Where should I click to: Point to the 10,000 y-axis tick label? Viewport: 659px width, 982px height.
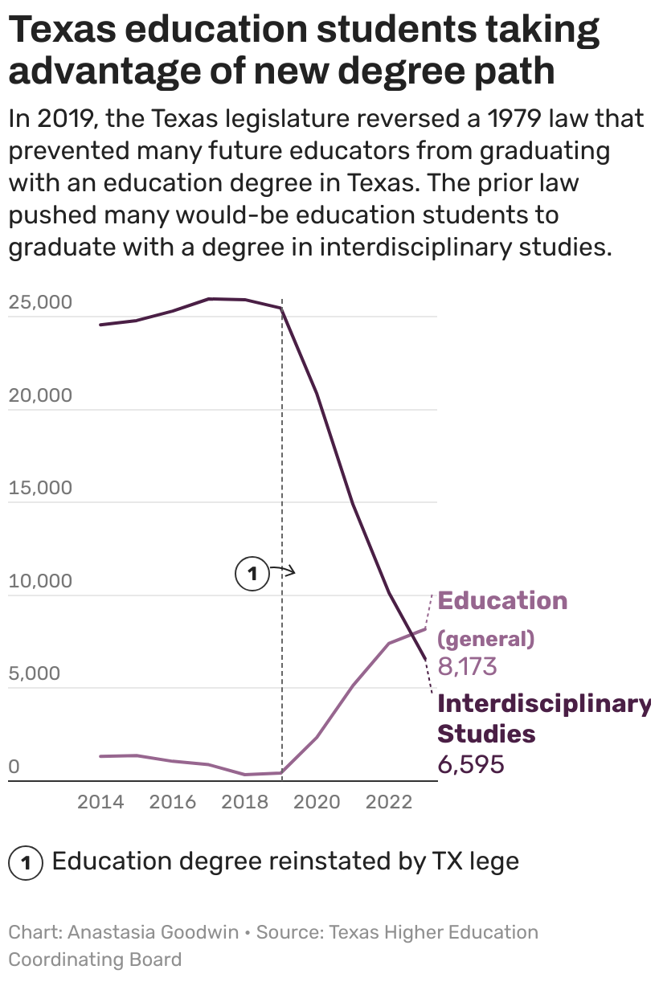40,580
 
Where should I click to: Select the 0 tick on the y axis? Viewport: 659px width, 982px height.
14,767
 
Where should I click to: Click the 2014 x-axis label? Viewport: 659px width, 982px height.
100,802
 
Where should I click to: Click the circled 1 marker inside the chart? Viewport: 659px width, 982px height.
252,574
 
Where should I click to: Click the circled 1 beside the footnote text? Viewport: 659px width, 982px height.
25,864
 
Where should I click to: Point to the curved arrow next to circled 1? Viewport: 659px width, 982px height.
283,570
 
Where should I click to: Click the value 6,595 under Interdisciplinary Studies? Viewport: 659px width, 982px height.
471,764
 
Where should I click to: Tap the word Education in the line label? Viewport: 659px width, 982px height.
502,600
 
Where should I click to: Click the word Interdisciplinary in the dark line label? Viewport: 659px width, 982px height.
543,703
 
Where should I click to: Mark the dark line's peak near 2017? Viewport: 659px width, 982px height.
211,299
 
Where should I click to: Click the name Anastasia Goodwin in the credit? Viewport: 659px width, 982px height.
153,932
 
